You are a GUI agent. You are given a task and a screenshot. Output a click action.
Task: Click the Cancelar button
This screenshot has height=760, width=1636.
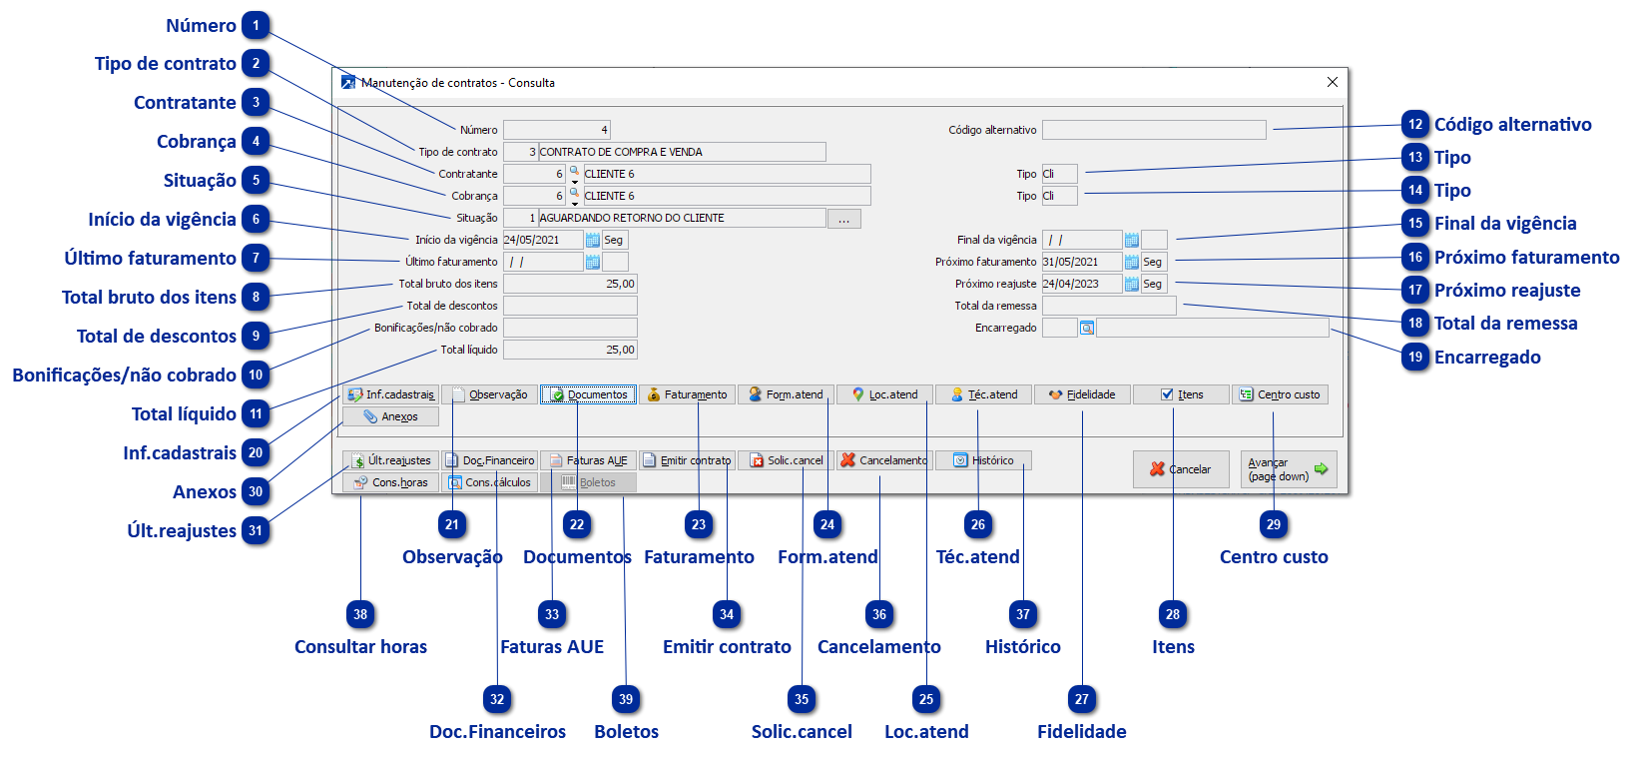pos(1180,469)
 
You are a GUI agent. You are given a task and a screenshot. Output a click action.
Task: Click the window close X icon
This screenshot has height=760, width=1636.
pos(1332,82)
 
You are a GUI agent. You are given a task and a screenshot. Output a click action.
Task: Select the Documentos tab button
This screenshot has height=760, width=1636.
pos(589,394)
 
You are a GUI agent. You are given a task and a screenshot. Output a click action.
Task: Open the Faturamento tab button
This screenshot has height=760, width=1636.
pos(688,394)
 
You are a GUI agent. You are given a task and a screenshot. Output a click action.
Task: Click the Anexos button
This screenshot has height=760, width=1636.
pos(390,416)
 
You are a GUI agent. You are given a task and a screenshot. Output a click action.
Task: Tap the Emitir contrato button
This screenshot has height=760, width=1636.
pos(687,460)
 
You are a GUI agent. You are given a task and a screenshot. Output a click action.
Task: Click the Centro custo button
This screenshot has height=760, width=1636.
pos(1280,394)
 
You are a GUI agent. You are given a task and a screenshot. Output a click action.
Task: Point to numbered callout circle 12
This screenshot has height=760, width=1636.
pos(1415,125)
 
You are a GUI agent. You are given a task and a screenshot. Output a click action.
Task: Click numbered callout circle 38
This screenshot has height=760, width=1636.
pos(360,614)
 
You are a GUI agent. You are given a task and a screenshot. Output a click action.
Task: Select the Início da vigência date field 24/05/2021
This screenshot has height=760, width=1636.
pos(542,240)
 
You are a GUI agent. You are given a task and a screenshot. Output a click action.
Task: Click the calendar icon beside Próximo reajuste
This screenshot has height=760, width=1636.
pos(1132,284)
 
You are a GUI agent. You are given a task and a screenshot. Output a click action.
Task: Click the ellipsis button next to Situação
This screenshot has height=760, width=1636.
pos(843,219)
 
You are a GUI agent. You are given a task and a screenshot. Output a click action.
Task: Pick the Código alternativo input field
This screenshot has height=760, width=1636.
pos(1154,130)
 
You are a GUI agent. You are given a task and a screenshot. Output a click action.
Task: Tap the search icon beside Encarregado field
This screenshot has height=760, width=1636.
pos(1087,328)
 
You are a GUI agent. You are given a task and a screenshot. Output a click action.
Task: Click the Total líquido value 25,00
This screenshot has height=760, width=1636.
pos(570,350)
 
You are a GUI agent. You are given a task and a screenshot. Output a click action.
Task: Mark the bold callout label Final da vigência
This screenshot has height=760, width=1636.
pos(1505,224)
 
